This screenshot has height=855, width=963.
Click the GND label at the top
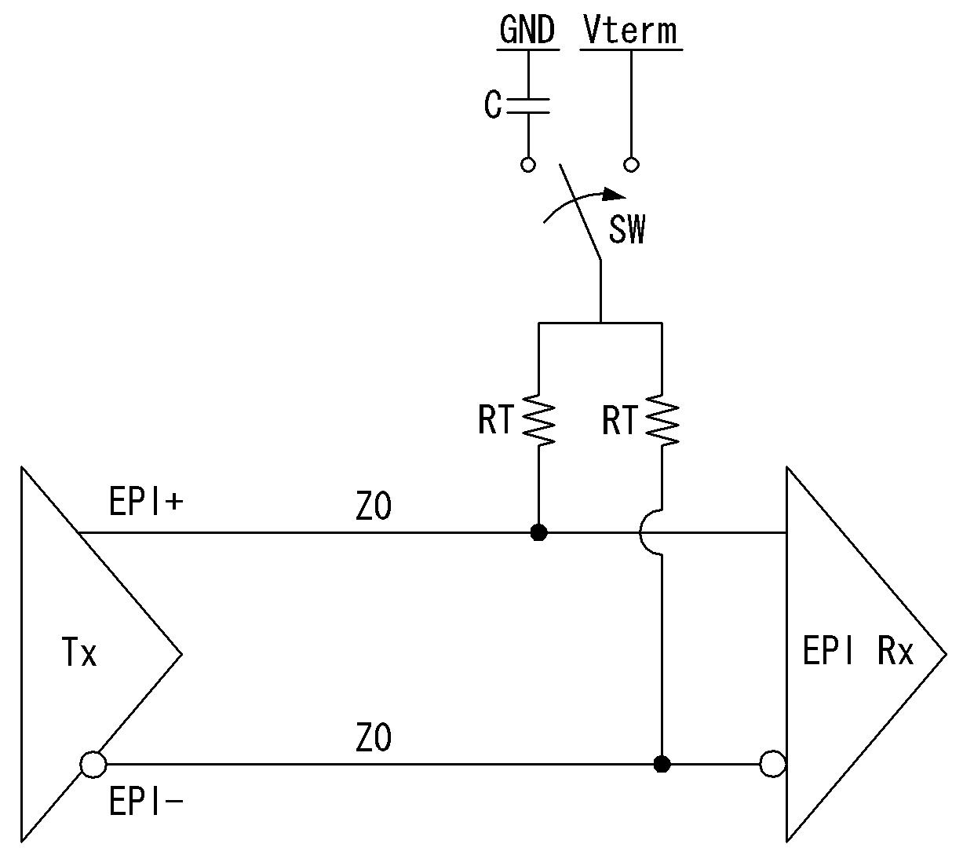(x=527, y=30)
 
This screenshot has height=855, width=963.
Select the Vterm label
(x=630, y=31)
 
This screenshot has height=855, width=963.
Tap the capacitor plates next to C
(x=528, y=106)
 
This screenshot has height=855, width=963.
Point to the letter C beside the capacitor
(x=493, y=104)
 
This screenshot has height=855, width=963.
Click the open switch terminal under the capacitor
(x=528, y=165)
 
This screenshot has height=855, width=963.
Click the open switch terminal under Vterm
(x=631, y=165)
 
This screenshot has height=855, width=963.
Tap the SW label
(x=627, y=230)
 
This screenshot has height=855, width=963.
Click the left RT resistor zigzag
(x=538, y=419)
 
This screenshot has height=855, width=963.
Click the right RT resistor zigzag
(x=662, y=419)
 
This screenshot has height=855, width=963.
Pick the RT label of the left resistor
(x=496, y=420)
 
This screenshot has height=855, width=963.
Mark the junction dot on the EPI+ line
(x=538, y=532)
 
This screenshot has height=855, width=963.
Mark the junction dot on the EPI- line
(x=662, y=765)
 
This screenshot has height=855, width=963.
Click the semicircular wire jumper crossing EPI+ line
(x=640, y=532)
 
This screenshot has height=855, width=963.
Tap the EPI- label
(x=146, y=801)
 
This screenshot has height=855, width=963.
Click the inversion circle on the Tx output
(x=93, y=765)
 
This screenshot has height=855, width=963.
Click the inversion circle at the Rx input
(x=773, y=764)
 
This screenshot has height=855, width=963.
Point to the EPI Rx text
(x=858, y=651)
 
